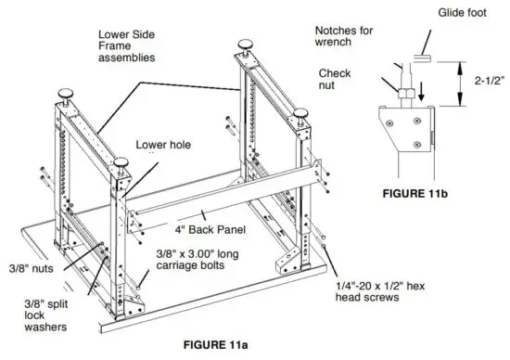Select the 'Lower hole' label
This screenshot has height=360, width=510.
[163, 145]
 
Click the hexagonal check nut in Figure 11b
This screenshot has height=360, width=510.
[404, 95]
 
